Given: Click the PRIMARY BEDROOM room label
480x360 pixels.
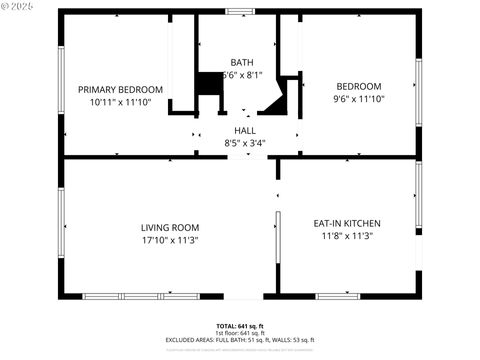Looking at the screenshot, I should tap(119, 88).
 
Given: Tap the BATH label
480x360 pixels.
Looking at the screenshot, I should tap(241, 62).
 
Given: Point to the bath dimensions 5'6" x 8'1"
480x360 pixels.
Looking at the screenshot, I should tap(241, 74).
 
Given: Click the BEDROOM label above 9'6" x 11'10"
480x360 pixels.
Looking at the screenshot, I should tap(358, 86).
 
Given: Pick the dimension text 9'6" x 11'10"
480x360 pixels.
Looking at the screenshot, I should tap(358, 99).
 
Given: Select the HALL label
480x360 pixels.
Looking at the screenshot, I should tap(244, 130).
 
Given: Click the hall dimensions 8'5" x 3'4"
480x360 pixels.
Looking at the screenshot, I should tap(244, 142).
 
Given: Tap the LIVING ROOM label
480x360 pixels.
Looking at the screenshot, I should tap(169, 227).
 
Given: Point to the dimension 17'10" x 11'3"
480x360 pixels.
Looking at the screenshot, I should tap(169, 240).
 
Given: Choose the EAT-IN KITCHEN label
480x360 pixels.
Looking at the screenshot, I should tap(347, 223).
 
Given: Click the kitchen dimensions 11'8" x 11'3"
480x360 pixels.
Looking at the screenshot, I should tap(347, 236).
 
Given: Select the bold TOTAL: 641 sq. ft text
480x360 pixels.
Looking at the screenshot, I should tap(240, 326).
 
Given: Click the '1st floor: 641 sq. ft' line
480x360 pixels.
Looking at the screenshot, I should tap(240, 333).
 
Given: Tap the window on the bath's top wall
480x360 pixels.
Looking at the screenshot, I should tap(239, 11).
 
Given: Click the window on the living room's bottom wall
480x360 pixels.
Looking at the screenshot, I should tap(140, 296).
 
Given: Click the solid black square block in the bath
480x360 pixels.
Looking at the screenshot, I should tap(208, 84).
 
